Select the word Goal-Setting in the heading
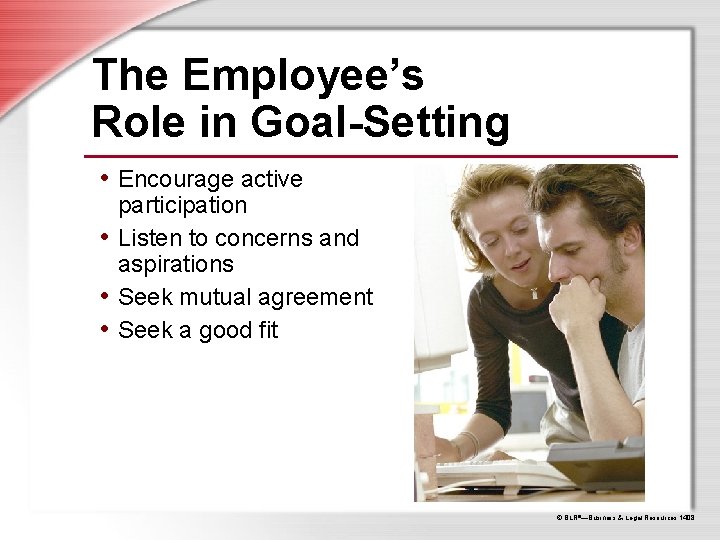click(381, 122)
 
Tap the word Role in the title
click(134, 122)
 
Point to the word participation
click(182, 206)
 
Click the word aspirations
click(176, 265)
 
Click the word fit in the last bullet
click(266, 329)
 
